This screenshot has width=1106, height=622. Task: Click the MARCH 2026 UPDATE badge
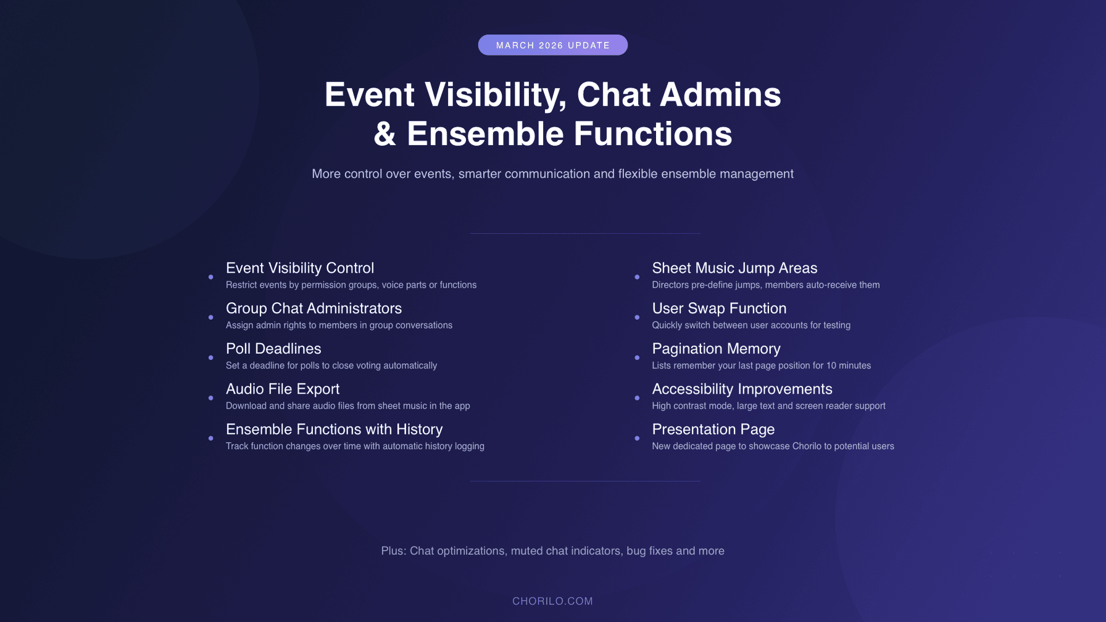click(552, 45)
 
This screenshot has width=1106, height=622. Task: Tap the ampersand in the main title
click(385, 135)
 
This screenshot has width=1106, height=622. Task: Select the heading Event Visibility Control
click(299, 268)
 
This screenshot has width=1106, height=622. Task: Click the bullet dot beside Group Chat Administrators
click(211, 317)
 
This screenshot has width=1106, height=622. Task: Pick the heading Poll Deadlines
click(273, 349)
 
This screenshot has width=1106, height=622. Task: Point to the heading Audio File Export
click(282, 389)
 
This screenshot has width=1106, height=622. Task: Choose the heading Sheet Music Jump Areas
click(734, 268)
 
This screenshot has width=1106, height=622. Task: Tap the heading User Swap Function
click(718, 308)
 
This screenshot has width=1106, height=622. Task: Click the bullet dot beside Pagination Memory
click(637, 357)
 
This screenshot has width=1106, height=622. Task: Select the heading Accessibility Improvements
click(741, 389)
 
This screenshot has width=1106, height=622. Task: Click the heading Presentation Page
click(713, 429)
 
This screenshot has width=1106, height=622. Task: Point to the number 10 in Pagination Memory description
click(831, 366)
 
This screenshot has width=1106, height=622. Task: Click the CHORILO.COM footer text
click(552, 601)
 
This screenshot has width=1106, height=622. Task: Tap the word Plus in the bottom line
click(393, 551)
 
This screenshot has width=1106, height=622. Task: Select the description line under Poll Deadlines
click(331, 366)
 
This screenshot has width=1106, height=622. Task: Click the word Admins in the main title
click(720, 95)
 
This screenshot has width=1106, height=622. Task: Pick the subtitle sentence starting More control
click(552, 174)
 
